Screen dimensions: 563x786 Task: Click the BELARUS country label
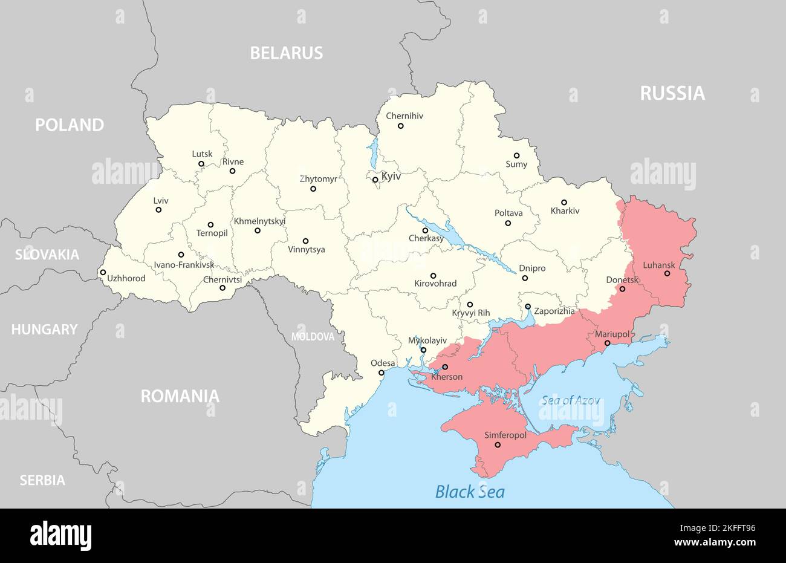coord(287,53)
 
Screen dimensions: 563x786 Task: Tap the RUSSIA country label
coord(672,93)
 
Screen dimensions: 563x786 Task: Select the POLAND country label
coord(70,125)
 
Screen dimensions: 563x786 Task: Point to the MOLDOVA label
coord(313,337)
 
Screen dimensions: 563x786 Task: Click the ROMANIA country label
coord(180,396)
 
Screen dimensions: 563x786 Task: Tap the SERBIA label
coord(42,480)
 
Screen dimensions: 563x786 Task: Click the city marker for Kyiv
coord(375,180)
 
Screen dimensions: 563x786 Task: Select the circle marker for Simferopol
coord(498,445)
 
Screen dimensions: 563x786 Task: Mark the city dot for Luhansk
coord(667,273)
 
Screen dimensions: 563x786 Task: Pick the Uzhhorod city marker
coord(103,272)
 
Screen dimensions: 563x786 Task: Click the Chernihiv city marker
coord(400,126)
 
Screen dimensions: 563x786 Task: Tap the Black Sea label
coord(470,491)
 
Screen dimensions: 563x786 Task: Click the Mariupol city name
coord(612,334)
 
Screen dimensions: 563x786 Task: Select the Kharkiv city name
coord(565,211)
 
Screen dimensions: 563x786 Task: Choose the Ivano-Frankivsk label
coord(184,264)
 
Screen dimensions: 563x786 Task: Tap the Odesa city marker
coord(381,373)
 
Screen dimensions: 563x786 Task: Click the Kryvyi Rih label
coord(471,313)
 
